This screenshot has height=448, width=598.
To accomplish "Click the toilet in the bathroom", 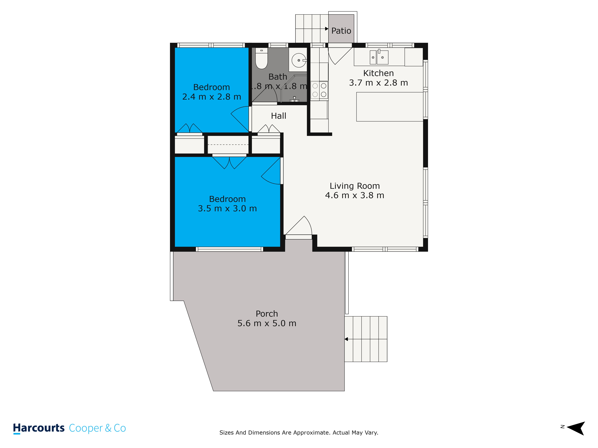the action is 261,58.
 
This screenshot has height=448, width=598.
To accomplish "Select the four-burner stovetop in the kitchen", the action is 319,90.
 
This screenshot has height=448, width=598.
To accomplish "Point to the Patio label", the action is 341,31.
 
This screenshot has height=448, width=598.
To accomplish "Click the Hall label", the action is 279,116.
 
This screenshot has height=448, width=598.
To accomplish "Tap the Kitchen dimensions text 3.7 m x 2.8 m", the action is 379,83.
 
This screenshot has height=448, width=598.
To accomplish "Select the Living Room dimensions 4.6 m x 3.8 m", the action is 355,195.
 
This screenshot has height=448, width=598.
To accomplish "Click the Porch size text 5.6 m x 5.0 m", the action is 267,323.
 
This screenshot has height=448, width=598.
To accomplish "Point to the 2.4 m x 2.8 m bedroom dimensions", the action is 212,97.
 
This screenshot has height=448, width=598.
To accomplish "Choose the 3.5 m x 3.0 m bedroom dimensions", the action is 227,208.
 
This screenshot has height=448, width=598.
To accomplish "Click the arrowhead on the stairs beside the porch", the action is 346,339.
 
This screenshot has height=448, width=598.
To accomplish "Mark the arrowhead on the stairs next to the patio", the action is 327,29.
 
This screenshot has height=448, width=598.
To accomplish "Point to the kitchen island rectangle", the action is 390,107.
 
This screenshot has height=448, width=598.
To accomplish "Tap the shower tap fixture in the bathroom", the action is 294,99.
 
